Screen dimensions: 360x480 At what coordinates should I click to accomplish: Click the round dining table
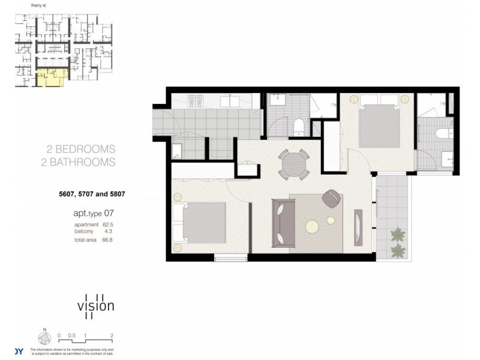(x=294, y=163)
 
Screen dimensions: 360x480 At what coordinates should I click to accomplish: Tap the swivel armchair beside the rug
(x=331, y=198)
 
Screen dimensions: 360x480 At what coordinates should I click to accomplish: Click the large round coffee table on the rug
(x=313, y=226)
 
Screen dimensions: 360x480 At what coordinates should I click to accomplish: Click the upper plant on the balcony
(x=397, y=234)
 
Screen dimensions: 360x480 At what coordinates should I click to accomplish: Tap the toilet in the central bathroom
(x=298, y=126)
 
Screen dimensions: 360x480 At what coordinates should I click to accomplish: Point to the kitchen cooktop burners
(x=196, y=101)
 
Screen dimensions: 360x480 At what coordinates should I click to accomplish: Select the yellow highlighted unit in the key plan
(x=50, y=77)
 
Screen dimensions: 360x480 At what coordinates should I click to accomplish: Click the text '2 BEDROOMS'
(x=81, y=149)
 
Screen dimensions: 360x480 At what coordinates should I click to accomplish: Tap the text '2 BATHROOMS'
(x=81, y=162)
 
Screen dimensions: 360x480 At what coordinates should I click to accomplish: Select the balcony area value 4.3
(x=107, y=231)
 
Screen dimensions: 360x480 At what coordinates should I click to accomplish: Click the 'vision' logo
(x=95, y=305)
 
